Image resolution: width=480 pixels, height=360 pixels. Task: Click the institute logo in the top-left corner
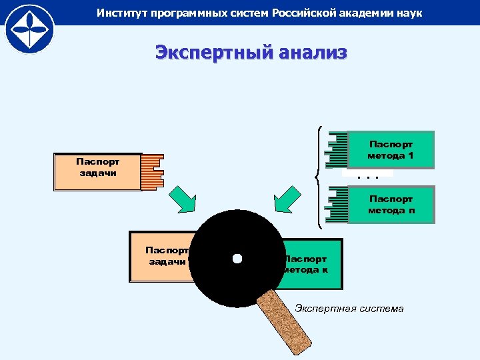[x=27, y=28]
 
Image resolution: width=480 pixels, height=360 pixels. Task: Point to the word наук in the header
[x=408, y=13]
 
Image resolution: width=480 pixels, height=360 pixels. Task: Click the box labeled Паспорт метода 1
[x=391, y=149]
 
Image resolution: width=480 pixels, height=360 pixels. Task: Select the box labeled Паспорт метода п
[x=391, y=204]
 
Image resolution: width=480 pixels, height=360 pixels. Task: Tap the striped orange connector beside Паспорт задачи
[x=153, y=172]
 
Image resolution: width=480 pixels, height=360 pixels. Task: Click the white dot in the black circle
[x=237, y=259]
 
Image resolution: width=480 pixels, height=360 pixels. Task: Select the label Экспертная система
[x=349, y=309]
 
